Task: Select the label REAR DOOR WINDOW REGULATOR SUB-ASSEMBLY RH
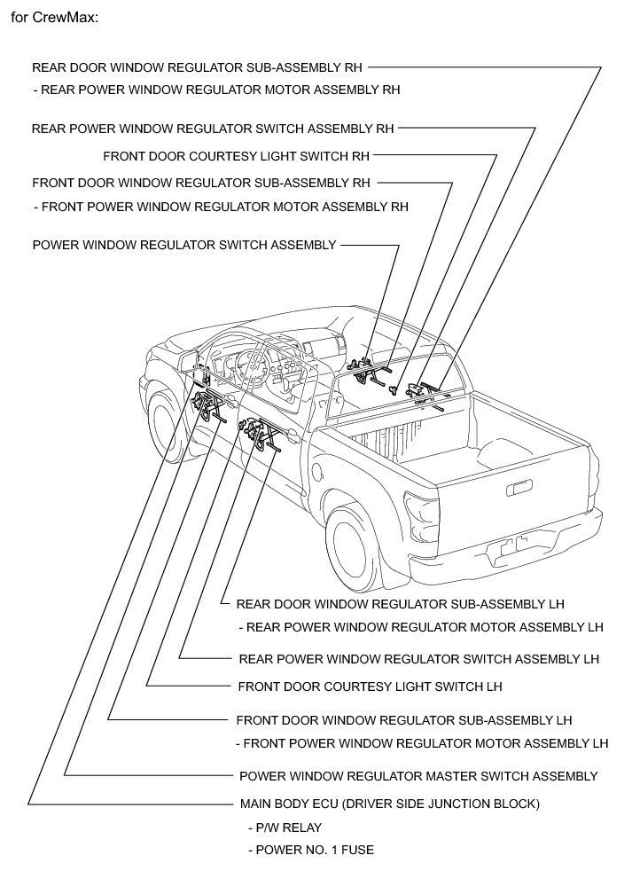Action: (x=197, y=67)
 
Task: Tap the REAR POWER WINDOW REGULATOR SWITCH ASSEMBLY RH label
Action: (x=213, y=128)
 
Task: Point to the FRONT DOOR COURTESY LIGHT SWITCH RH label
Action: (x=236, y=155)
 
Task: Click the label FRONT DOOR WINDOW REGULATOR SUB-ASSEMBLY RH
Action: (x=200, y=183)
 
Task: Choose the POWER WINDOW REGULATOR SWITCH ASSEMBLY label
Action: (x=184, y=245)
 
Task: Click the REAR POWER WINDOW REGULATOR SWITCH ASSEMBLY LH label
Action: (x=419, y=659)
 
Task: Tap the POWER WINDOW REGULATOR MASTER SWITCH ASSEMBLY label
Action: (x=418, y=776)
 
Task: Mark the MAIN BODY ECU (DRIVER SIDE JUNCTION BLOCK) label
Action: (x=390, y=804)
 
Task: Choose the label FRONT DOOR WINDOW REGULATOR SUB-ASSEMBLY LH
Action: (x=404, y=719)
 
